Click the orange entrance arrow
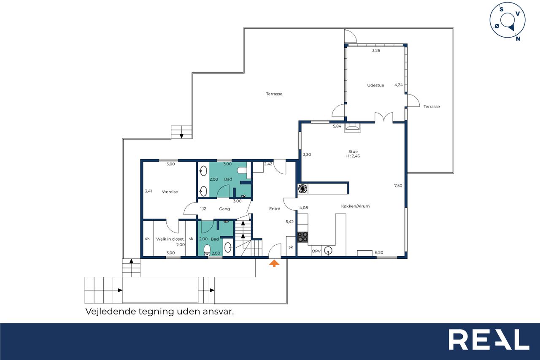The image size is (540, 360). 274,263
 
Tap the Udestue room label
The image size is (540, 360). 375,85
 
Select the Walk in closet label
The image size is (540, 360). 170,239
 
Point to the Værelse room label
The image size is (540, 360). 170,192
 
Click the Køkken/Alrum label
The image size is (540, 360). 355,206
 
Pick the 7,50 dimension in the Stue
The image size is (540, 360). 398,186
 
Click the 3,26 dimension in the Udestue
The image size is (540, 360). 376,50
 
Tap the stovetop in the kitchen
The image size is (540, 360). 302,237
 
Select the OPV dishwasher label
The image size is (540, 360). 316,251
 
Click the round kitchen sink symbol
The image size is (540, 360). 328,251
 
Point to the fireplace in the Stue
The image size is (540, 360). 353,127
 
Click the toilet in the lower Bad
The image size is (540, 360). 207,250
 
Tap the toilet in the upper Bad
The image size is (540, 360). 243,171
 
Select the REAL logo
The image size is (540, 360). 489,339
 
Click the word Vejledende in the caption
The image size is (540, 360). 111,311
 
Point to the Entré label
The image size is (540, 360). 275,209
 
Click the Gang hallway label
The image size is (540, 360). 224,209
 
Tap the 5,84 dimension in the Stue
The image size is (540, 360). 337,126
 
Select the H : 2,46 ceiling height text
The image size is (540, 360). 353,156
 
